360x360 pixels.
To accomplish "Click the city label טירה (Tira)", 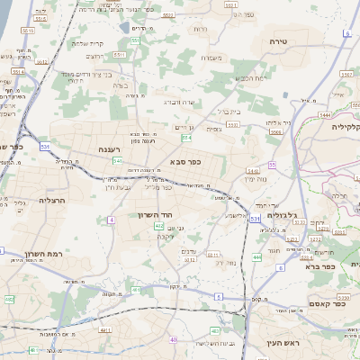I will (x=277, y=42).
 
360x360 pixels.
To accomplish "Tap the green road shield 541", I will (x=118, y=159).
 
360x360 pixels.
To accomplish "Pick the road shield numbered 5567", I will (x=277, y=131).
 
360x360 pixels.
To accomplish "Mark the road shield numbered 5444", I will (x=325, y=116).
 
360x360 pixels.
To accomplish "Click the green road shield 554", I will (x=186, y=138).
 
